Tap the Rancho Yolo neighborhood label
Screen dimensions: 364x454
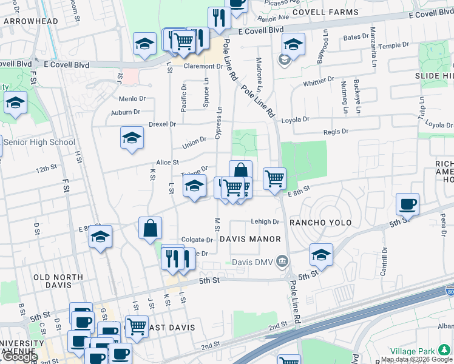tap(320, 223)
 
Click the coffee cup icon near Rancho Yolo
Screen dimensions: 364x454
tap(407, 204)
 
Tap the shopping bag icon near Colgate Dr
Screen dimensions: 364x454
tap(150, 229)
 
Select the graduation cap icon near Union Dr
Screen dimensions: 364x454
tap(132, 138)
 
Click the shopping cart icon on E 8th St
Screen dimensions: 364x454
tap(274, 178)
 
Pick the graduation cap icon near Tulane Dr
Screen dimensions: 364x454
tap(195, 186)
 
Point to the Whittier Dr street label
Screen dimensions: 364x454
tap(319, 80)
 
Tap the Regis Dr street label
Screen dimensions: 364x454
tap(336, 131)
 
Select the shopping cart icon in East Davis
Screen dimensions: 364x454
tap(137, 326)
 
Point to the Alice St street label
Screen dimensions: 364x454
tap(168, 162)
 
